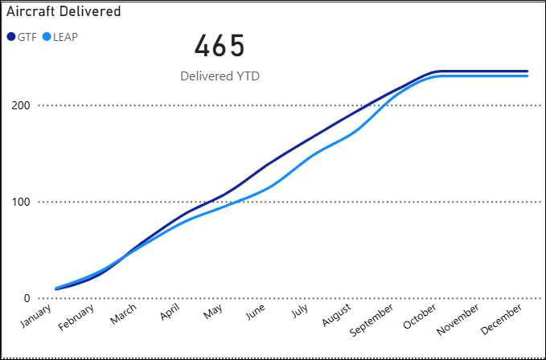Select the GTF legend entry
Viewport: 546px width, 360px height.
(x=22, y=36)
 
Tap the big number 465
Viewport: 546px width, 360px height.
(x=220, y=46)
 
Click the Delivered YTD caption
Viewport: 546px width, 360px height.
(x=220, y=76)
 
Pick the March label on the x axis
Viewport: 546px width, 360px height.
(x=125, y=315)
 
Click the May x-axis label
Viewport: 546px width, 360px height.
(x=215, y=312)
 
